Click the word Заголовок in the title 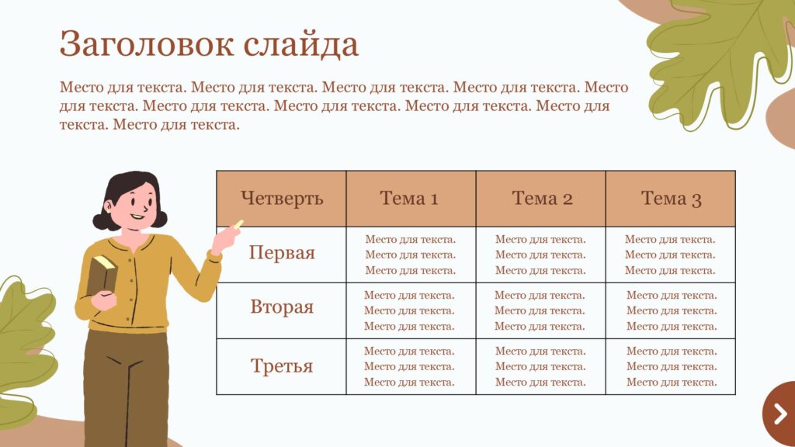point(147,43)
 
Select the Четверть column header point(281,199)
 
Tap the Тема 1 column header point(411,199)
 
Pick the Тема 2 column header point(541,199)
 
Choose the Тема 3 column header point(671,199)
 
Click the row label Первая point(281,252)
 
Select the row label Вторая point(281,307)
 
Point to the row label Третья point(281,366)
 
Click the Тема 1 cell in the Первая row point(411,255)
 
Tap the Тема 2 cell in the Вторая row point(541,310)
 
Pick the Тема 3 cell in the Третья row point(671,366)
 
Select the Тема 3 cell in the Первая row point(671,255)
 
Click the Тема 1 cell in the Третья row point(411,366)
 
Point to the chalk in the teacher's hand point(238,223)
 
